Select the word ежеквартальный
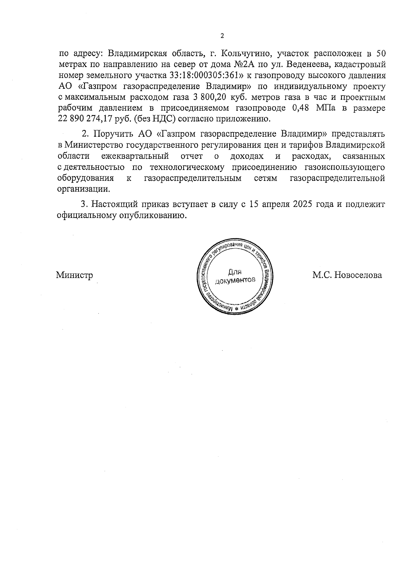[x=135, y=156]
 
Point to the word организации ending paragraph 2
[x=84, y=189]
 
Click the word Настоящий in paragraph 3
[x=114, y=205]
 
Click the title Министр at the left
[x=74, y=275]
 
